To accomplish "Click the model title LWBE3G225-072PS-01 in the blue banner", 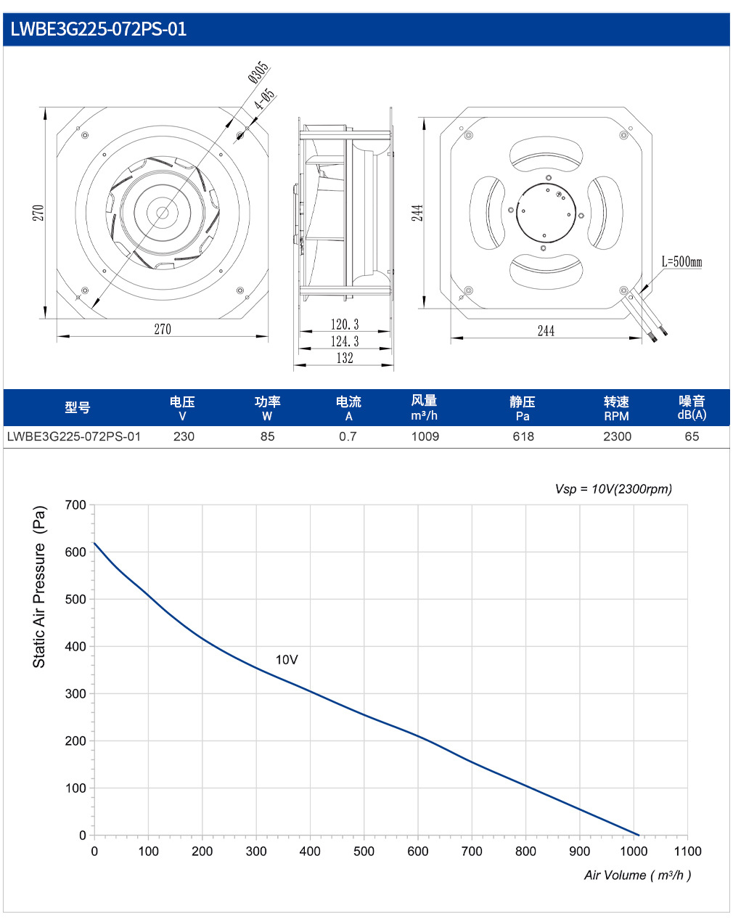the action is click(x=98, y=29).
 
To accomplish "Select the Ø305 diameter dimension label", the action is click(x=258, y=72).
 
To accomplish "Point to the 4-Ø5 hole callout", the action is click(x=264, y=99).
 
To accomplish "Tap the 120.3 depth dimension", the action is click(x=345, y=324).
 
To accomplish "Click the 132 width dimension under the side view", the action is click(x=345, y=357).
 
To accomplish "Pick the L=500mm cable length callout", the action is click(x=681, y=261).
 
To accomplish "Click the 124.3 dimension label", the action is click(x=345, y=341).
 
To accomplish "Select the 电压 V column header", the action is click(x=182, y=408).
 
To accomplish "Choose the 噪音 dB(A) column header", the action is click(x=692, y=407).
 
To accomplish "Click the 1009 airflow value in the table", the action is click(x=425, y=436).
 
